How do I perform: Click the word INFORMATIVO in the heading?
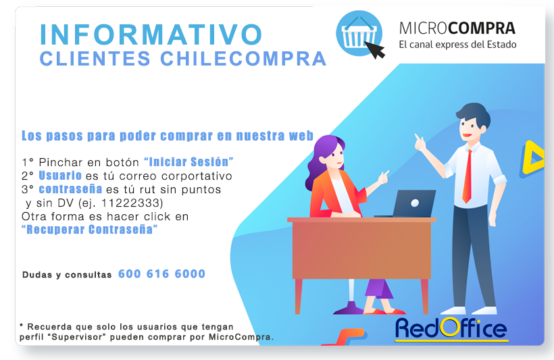[151, 34]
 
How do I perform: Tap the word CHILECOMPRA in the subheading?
[243, 59]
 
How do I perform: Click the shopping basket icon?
[359, 33]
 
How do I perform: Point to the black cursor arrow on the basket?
[375, 50]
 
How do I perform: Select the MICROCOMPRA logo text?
[457, 28]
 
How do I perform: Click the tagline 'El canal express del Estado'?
[457, 45]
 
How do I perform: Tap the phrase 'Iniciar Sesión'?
[188, 162]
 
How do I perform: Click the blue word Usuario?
[60, 175]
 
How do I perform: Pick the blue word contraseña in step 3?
[70, 189]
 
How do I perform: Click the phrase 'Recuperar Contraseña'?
[89, 229]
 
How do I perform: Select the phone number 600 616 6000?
[161, 274]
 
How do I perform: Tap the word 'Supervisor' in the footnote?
[79, 337]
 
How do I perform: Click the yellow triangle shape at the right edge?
[532, 157]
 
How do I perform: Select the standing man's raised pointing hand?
[420, 142]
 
